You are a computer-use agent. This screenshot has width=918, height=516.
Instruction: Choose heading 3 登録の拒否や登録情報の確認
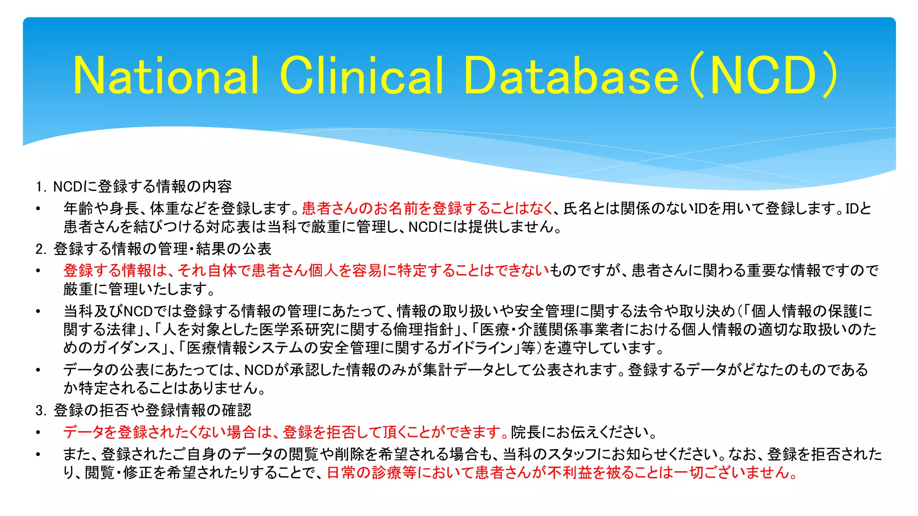[x=143, y=410]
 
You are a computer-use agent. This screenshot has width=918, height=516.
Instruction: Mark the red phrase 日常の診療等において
[x=560, y=473]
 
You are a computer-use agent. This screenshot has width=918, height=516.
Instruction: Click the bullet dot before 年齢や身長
[x=39, y=209]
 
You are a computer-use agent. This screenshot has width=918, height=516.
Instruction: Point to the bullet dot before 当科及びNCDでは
[x=39, y=311]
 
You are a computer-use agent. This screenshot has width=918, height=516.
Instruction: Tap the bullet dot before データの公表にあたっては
[x=39, y=370]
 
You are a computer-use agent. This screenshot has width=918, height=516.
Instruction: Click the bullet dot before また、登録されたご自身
[x=39, y=455]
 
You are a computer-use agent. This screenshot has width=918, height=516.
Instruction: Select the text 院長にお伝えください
[x=583, y=432]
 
